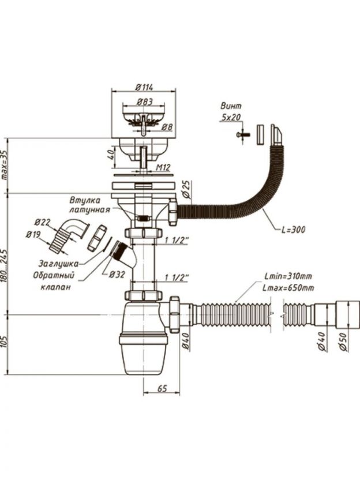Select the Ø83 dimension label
(144, 102)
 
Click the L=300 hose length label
(293, 230)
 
